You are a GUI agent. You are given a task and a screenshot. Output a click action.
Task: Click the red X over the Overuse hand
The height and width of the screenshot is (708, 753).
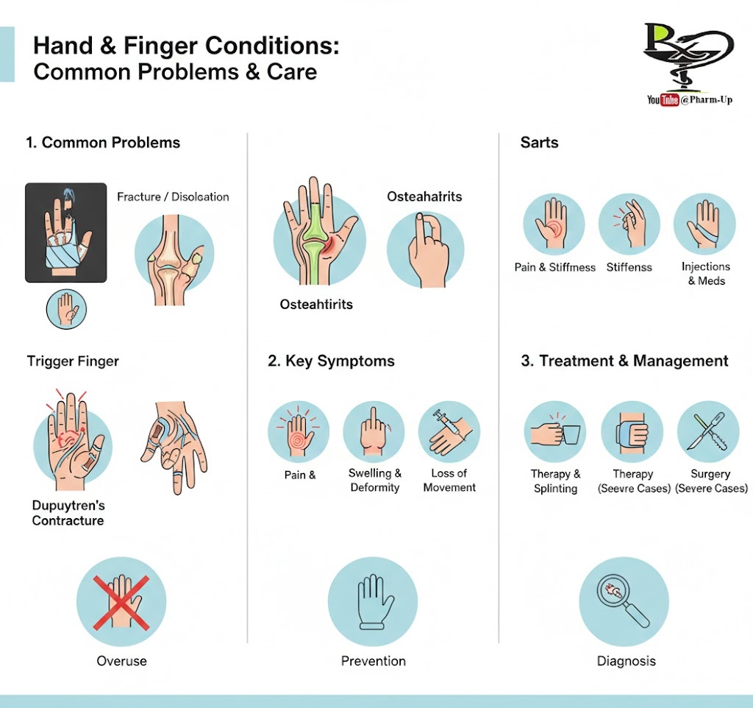coord(121,603)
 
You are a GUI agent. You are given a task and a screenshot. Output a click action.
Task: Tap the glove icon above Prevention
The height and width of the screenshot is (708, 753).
coord(376,602)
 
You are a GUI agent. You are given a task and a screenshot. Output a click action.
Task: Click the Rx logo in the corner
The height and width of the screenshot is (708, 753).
coord(688,54)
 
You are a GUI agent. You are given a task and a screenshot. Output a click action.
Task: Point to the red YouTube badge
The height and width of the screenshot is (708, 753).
coord(669,99)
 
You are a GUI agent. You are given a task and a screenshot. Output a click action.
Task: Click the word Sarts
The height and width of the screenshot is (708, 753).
coord(539,143)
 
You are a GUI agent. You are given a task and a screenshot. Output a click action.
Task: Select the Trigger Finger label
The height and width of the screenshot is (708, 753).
coord(73,361)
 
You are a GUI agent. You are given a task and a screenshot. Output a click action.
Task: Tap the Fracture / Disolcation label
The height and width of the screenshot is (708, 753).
coord(173,197)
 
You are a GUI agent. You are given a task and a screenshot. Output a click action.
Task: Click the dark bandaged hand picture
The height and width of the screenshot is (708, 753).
coord(65,233)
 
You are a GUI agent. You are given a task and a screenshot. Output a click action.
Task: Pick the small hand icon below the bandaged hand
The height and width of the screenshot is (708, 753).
coord(66,309)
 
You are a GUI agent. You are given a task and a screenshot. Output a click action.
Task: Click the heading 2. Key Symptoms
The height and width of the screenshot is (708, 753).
coord(331,361)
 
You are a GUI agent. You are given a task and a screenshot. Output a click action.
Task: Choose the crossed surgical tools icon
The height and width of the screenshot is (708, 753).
coord(707,431)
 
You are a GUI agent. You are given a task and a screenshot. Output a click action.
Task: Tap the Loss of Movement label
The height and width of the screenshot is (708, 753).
coord(449,480)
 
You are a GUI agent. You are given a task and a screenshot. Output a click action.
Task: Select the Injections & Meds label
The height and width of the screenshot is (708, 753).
coord(705,274)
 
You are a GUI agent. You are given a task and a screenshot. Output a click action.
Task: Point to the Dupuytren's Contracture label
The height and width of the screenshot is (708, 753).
coord(68,513)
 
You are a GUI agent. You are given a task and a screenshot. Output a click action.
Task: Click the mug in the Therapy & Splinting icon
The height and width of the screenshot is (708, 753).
coord(571,434)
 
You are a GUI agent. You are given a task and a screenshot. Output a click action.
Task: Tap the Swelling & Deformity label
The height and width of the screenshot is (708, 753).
coord(374,480)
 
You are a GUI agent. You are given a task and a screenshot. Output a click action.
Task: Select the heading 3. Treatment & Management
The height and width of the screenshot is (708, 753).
coord(624,361)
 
